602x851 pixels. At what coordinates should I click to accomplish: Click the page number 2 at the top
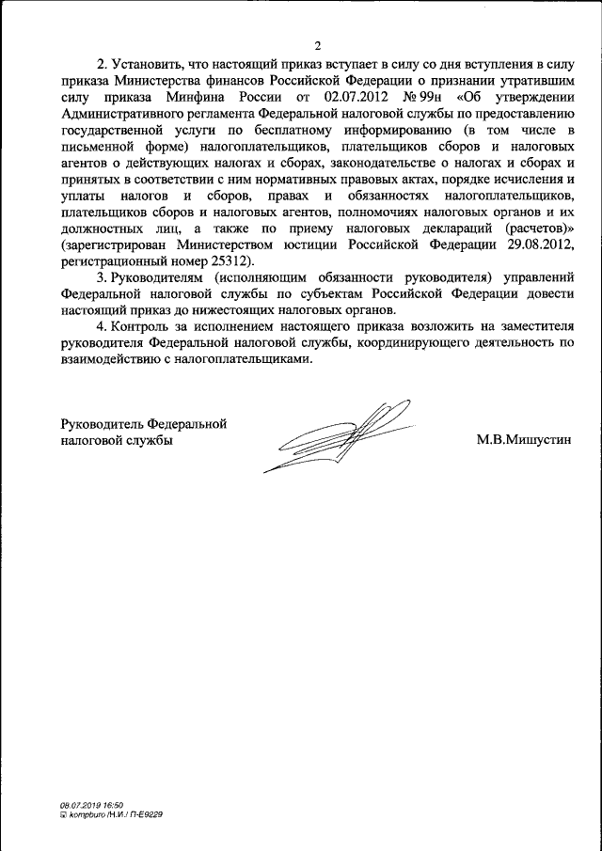pyautogui.click(x=318, y=45)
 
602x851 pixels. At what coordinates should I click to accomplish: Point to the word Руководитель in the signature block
pyautogui.click(x=98, y=422)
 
